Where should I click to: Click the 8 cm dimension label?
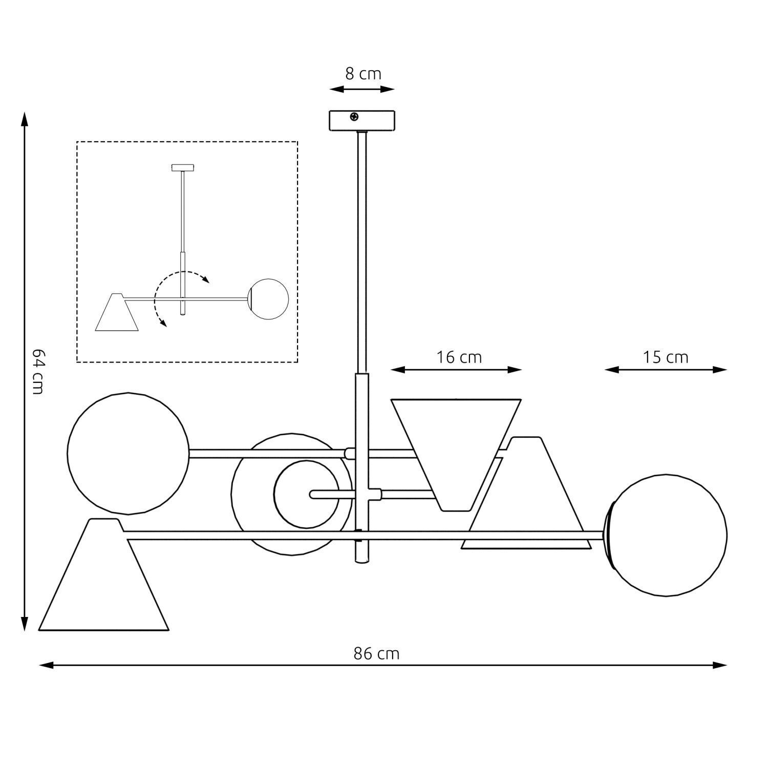[363, 74]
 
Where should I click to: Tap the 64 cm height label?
[37, 371]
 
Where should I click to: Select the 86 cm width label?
[376, 654]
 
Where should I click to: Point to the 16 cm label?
[459, 357]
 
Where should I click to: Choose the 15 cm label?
[665, 357]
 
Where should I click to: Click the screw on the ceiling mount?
[354, 117]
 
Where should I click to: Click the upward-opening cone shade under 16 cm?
[456, 451]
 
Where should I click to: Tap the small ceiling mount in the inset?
[183, 167]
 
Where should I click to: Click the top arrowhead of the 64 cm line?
[24, 118]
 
